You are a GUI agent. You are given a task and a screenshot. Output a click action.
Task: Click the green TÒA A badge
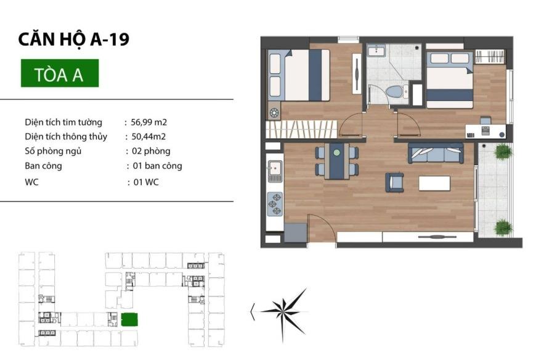[60, 73]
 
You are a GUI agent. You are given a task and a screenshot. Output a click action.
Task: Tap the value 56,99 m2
[148, 123]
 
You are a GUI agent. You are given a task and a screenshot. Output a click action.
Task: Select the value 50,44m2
[148, 137]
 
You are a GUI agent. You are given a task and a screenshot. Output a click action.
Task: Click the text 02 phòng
[151, 151]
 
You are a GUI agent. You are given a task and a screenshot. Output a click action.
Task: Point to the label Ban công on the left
[43, 166]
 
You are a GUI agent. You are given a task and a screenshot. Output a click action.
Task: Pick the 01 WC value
[146, 182]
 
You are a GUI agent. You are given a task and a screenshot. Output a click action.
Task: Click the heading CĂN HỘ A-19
[74, 39]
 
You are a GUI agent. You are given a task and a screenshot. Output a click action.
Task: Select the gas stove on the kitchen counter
[275, 204]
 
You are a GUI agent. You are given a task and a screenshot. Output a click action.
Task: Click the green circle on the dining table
[337, 153]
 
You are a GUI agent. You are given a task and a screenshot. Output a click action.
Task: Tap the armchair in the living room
[394, 182]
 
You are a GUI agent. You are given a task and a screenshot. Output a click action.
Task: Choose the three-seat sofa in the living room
[436, 153]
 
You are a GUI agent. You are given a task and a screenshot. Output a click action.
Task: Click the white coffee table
[434, 183]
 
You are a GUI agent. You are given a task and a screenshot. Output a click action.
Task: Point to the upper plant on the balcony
[503, 151]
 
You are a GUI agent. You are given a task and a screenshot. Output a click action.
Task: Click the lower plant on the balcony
[503, 227]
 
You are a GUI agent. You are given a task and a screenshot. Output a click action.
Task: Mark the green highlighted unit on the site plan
[129, 319]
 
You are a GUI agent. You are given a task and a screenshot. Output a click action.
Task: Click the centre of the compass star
[283, 311]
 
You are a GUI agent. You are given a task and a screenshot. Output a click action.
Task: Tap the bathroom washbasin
[376, 51]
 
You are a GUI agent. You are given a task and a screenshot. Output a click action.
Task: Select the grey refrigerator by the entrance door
[295, 233]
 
